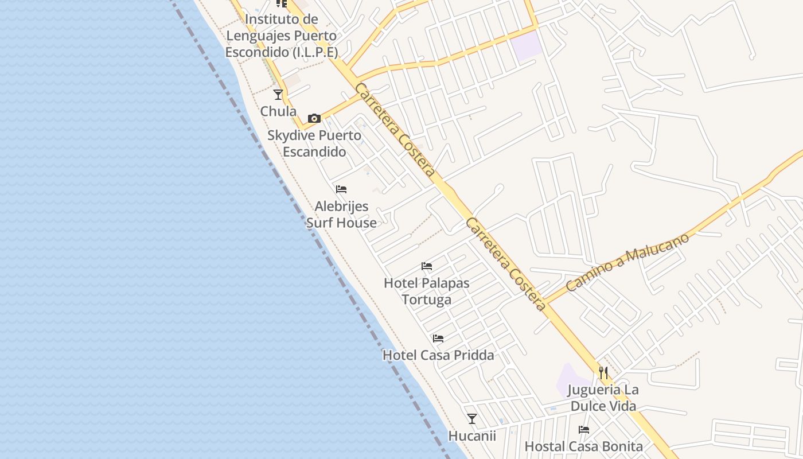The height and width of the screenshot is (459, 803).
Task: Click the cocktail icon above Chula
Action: point(278,95)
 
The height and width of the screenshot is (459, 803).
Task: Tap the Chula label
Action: point(279,111)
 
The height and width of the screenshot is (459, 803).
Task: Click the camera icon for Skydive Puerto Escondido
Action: point(314,119)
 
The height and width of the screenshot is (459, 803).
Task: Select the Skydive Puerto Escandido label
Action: point(314,143)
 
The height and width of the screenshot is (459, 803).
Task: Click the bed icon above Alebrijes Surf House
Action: point(341,189)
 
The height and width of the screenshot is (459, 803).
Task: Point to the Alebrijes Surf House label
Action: point(341,214)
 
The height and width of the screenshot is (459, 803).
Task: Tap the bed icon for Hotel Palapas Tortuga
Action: point(427,266)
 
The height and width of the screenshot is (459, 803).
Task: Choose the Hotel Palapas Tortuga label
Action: point(427,291)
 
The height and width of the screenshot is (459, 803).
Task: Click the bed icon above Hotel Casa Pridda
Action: point(438,339)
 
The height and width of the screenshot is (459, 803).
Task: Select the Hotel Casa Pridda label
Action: point(438,355)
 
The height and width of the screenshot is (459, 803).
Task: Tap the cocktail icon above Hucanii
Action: point(472,419)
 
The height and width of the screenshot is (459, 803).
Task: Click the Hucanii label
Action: point(472,435)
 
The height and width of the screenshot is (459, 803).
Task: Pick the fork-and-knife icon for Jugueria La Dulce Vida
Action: point(603,373)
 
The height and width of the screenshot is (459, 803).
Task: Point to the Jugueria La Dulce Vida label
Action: point(603,398)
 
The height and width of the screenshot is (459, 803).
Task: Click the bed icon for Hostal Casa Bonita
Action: point(584,429)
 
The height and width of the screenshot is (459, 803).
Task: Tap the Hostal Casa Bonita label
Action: point(584,446)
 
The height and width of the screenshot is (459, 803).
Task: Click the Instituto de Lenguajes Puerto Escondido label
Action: point(281,36)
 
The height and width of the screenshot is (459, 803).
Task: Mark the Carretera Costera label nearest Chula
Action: point(395,130)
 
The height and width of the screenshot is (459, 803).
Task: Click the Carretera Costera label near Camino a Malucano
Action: point(506,264)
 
